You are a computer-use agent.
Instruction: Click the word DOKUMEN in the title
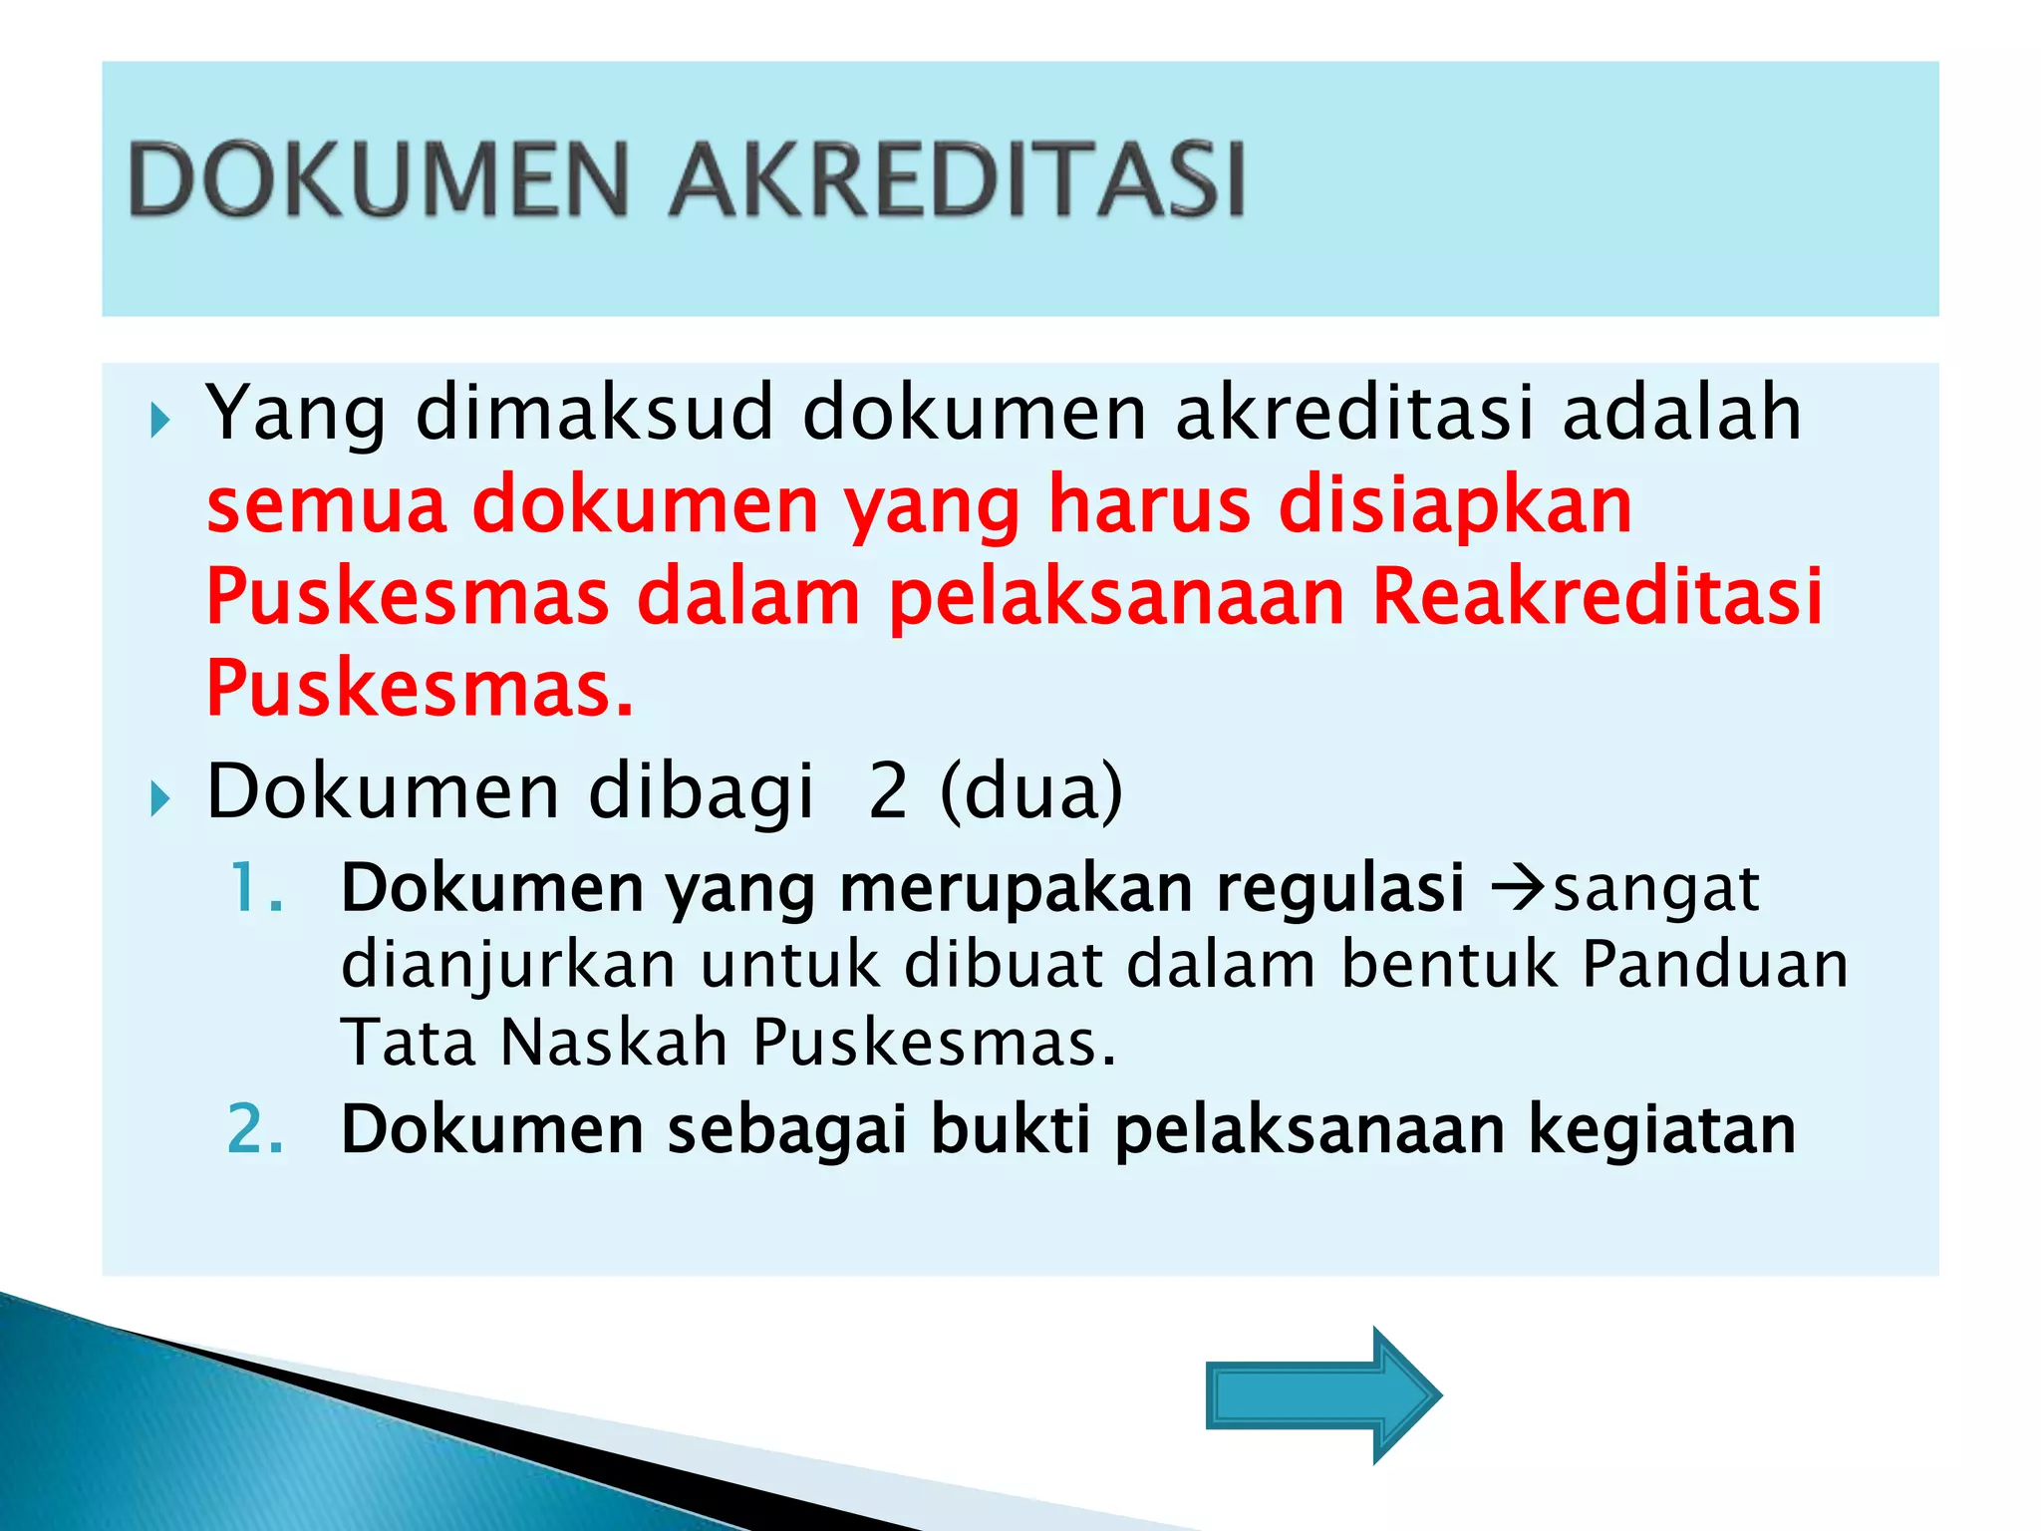379,179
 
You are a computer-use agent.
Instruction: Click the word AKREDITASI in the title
957,179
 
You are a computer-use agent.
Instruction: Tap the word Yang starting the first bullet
295,414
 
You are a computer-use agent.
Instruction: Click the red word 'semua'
326,504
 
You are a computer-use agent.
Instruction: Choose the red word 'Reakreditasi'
1597,596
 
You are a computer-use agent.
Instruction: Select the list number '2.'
256,1130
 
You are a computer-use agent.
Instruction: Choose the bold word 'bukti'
1010,1130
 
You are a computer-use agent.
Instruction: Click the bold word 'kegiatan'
1661,1132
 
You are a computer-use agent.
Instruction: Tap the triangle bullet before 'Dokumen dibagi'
159,798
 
